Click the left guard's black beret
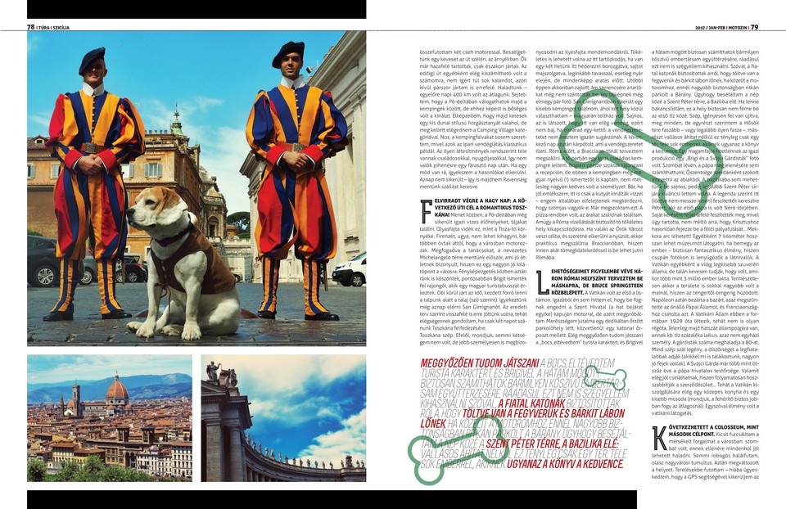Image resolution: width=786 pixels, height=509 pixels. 92,58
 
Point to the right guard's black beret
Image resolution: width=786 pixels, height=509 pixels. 288,52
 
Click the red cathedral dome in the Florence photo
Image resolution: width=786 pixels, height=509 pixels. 117,389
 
